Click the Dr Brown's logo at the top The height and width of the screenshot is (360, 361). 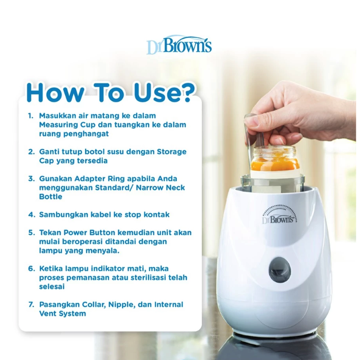tap(179, 46)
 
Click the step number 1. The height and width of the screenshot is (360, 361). tap(31, 115)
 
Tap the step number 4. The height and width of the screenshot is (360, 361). tap(31, 215)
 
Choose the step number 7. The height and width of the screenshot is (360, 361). tap(31, 304)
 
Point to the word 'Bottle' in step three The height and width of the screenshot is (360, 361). tap(50, 197)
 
